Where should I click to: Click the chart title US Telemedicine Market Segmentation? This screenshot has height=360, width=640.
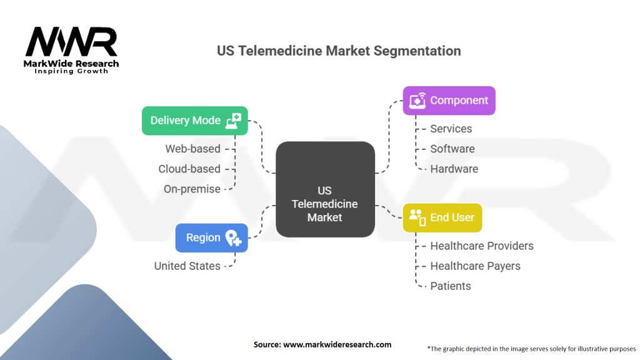click(x=339, y=51)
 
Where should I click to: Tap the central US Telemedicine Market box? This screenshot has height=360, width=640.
click(x=325, y=189)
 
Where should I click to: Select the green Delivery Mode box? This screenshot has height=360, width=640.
click(x=194, y=121)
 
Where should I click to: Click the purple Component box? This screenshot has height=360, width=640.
click(x=449, y=101)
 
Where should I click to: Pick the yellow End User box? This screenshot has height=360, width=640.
click(x=442, y=217)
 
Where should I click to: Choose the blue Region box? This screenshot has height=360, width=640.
click(x=211, y=237)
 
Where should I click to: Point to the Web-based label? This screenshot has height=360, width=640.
click(x=192, y=149)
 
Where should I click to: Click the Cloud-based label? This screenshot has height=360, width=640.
click(x=189, y=169)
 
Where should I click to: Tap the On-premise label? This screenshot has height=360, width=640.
click(x=192, y=189)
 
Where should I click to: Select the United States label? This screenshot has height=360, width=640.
click(x=187, y=266)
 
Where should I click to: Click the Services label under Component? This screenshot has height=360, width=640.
click(x=451, y=129)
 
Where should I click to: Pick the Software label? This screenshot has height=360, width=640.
click(x=452, y=149)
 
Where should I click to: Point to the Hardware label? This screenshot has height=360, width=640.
click(x=454, y=169)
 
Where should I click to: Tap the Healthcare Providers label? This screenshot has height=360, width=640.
click(x=481, y=246)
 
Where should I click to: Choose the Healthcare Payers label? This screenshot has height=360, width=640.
click(x=475, y=266)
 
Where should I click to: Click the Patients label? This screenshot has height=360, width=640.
click(x=450, y=286)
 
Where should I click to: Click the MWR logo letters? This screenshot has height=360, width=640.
click(x=71, y=42)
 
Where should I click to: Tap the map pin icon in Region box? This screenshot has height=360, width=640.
click(x=233, y=237)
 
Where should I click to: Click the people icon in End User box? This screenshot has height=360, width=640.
click(x=416, y=217)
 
